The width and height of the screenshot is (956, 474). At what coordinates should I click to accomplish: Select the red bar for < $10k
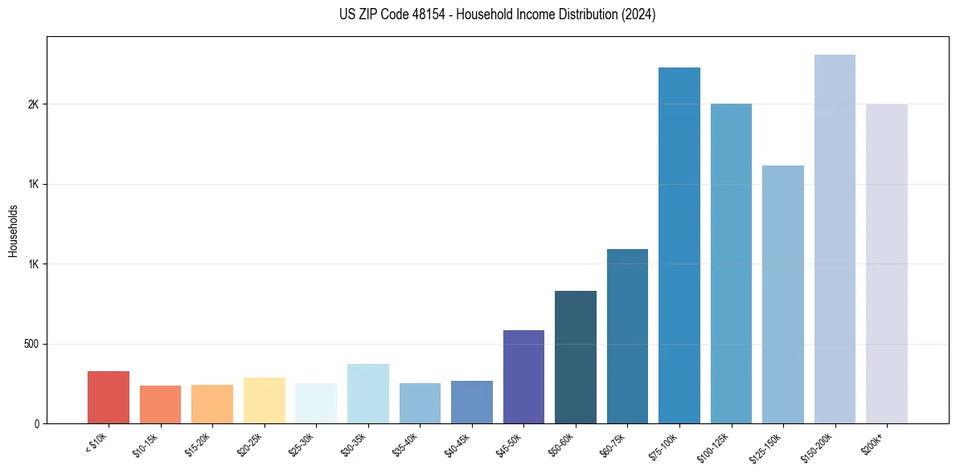click(x=109, y=397)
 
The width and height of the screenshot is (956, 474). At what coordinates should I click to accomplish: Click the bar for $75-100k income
click(x=679, y=245)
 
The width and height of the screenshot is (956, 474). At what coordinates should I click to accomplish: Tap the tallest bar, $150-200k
click(x=835, y=239)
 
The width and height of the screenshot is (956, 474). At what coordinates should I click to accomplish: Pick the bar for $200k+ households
click(x=887, y=264)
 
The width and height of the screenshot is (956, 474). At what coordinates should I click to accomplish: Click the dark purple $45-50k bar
click(x=523, y=377)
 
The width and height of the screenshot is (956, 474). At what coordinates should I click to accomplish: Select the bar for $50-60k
click(x=576, y=357)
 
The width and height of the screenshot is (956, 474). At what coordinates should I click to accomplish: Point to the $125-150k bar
click(x=783, y=294)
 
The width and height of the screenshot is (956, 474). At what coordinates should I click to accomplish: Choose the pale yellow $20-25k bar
click(x=265, y=400)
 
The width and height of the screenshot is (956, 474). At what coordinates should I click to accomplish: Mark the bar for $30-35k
click(x=368, y=394)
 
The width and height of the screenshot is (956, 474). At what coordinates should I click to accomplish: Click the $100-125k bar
click(x=731, y=264)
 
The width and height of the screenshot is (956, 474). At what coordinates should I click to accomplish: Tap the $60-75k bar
click(x=627, y=336)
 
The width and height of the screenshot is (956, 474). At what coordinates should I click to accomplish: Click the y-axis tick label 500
click(x=32, y=344)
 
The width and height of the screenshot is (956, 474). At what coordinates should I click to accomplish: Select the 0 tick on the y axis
click(x=37, y=423)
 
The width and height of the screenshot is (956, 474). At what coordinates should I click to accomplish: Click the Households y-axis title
click(x=13, y=231)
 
